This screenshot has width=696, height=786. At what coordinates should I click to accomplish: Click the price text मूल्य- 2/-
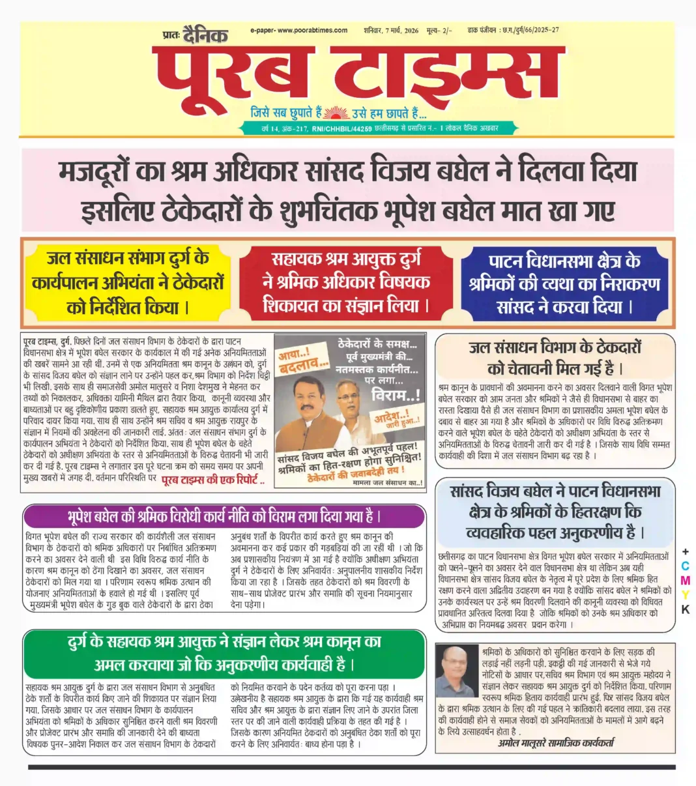(439, 31)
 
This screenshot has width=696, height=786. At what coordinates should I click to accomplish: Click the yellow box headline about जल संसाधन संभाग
(128, 282)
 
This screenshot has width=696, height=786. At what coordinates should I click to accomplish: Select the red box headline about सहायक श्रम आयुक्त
(346, 282)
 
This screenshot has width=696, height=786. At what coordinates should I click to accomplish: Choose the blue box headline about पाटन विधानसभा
(564, 284)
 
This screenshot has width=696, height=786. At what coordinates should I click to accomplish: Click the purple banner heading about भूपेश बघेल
(224, 517)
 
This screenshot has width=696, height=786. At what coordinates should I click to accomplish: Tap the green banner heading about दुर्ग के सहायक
(224, 653)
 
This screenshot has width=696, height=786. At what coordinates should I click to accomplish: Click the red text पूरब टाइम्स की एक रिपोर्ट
(212, 481)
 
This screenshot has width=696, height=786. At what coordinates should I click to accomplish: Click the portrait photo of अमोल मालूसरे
(456, 671)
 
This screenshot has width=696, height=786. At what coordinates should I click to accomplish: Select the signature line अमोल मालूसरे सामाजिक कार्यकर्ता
(556, 742)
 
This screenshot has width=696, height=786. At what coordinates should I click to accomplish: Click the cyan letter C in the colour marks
(685, 567)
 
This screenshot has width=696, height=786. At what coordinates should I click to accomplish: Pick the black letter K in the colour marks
(685, 611)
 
